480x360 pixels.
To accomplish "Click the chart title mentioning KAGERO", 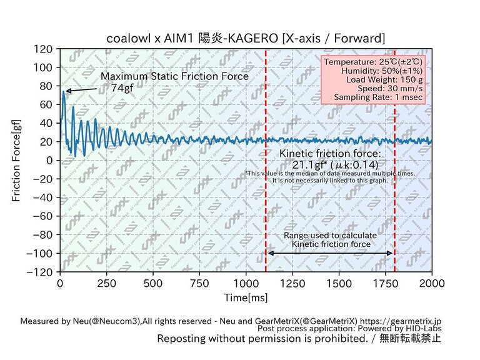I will click(246, 38).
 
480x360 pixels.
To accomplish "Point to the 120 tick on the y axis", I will click(44, 48).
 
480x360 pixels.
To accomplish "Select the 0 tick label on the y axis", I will click(49, 160).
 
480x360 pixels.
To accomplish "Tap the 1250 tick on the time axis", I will click(292, 283).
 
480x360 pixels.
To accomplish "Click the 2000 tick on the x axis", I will click(432, 283).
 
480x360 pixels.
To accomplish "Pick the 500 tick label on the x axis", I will click(152, 283).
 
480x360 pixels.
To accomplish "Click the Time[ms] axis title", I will click(246, 297).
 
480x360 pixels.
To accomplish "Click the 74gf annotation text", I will click(122, 88).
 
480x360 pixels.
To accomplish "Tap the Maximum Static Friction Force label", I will click(174, 76).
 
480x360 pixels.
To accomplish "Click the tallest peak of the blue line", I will click(63, 92).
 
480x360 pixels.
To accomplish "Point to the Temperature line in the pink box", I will click(373, 62).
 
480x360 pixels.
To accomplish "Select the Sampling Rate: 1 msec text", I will click(379, 97).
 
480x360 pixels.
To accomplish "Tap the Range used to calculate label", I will click(330, 235).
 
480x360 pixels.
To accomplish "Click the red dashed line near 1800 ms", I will click(395, 187).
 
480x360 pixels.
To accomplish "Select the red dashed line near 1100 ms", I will click(266, 187).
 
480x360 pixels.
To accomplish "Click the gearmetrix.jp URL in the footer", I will click(411, 321).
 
